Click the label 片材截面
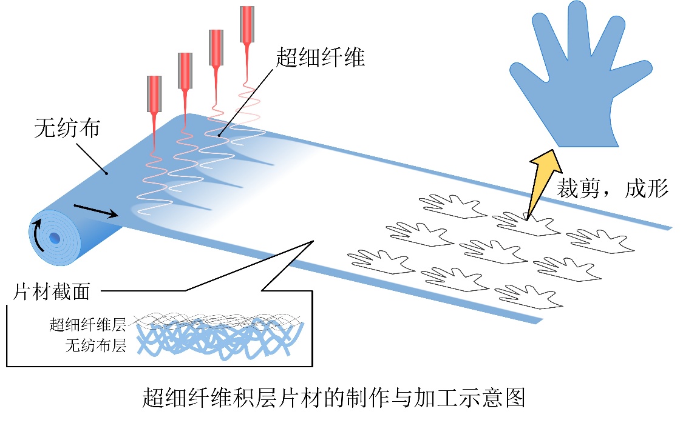coord(52,292)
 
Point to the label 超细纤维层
coord(87,324)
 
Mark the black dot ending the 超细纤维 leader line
coord(220,136)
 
